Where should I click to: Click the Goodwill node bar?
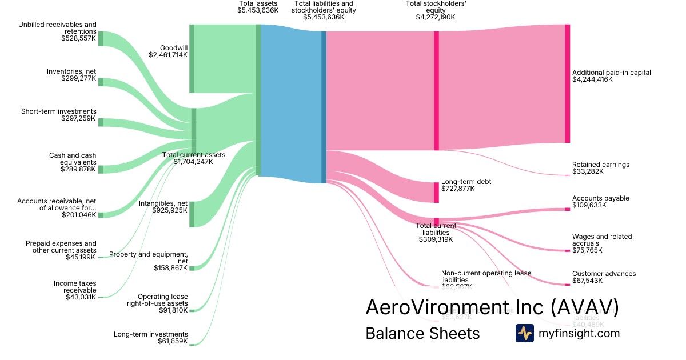pos(192,58)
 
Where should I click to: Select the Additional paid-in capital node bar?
pos(567,83)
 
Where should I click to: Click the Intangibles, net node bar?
pos(192,214)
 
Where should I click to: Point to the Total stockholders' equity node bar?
pos(436,90)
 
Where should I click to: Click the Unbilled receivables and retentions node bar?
pos(101,38)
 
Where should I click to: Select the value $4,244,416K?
pos(592,80)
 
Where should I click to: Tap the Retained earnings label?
pos(600,165)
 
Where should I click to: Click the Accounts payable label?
pos(600,198)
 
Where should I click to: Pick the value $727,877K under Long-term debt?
pos(458,189)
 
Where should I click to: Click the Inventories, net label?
pos(71,71)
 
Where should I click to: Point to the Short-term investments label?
pos(59,111)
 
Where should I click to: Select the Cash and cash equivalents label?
pos(73,159)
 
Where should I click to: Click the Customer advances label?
pos(604,274)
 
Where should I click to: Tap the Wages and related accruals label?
pos(602,240)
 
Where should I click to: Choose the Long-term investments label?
pos(151,334)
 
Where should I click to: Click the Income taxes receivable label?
pos(75,287)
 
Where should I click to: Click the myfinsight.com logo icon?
pos(524,333)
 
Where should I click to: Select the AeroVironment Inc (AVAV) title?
pos(492,307)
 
